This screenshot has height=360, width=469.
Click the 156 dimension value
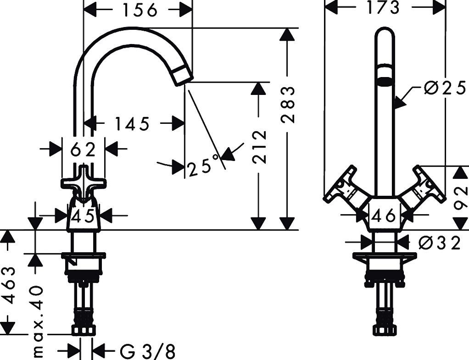[140, 10]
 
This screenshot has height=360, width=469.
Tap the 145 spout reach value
[132, 123]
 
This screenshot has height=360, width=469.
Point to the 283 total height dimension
[288, 105]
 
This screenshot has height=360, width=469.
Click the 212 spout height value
[259, 147]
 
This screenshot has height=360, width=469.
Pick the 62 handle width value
[83, 149]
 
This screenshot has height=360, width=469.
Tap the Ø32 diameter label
[439, 244]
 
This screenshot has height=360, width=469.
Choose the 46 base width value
[384, 215]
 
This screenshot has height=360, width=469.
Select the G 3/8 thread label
[147, 351]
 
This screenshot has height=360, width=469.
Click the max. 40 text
[37, 322]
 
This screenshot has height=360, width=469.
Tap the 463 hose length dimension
[8, 285]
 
